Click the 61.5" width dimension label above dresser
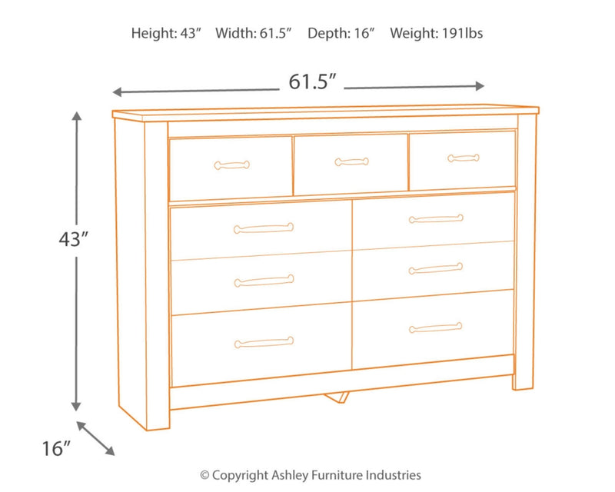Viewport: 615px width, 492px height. point(314,81)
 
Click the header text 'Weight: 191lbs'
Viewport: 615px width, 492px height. point(436,33)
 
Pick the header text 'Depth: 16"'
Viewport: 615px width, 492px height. point(341,33)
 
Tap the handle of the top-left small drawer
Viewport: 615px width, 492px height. point(231,164)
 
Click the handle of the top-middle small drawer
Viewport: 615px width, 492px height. point(351,161)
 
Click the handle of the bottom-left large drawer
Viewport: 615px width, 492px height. point(264,342)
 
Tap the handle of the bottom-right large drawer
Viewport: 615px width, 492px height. point(436,327)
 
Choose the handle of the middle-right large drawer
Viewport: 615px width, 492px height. point(436,269)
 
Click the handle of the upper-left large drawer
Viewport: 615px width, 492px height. point(264,227)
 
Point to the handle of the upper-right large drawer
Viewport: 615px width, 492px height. point(436,219)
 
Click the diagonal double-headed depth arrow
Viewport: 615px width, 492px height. point(96,437)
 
